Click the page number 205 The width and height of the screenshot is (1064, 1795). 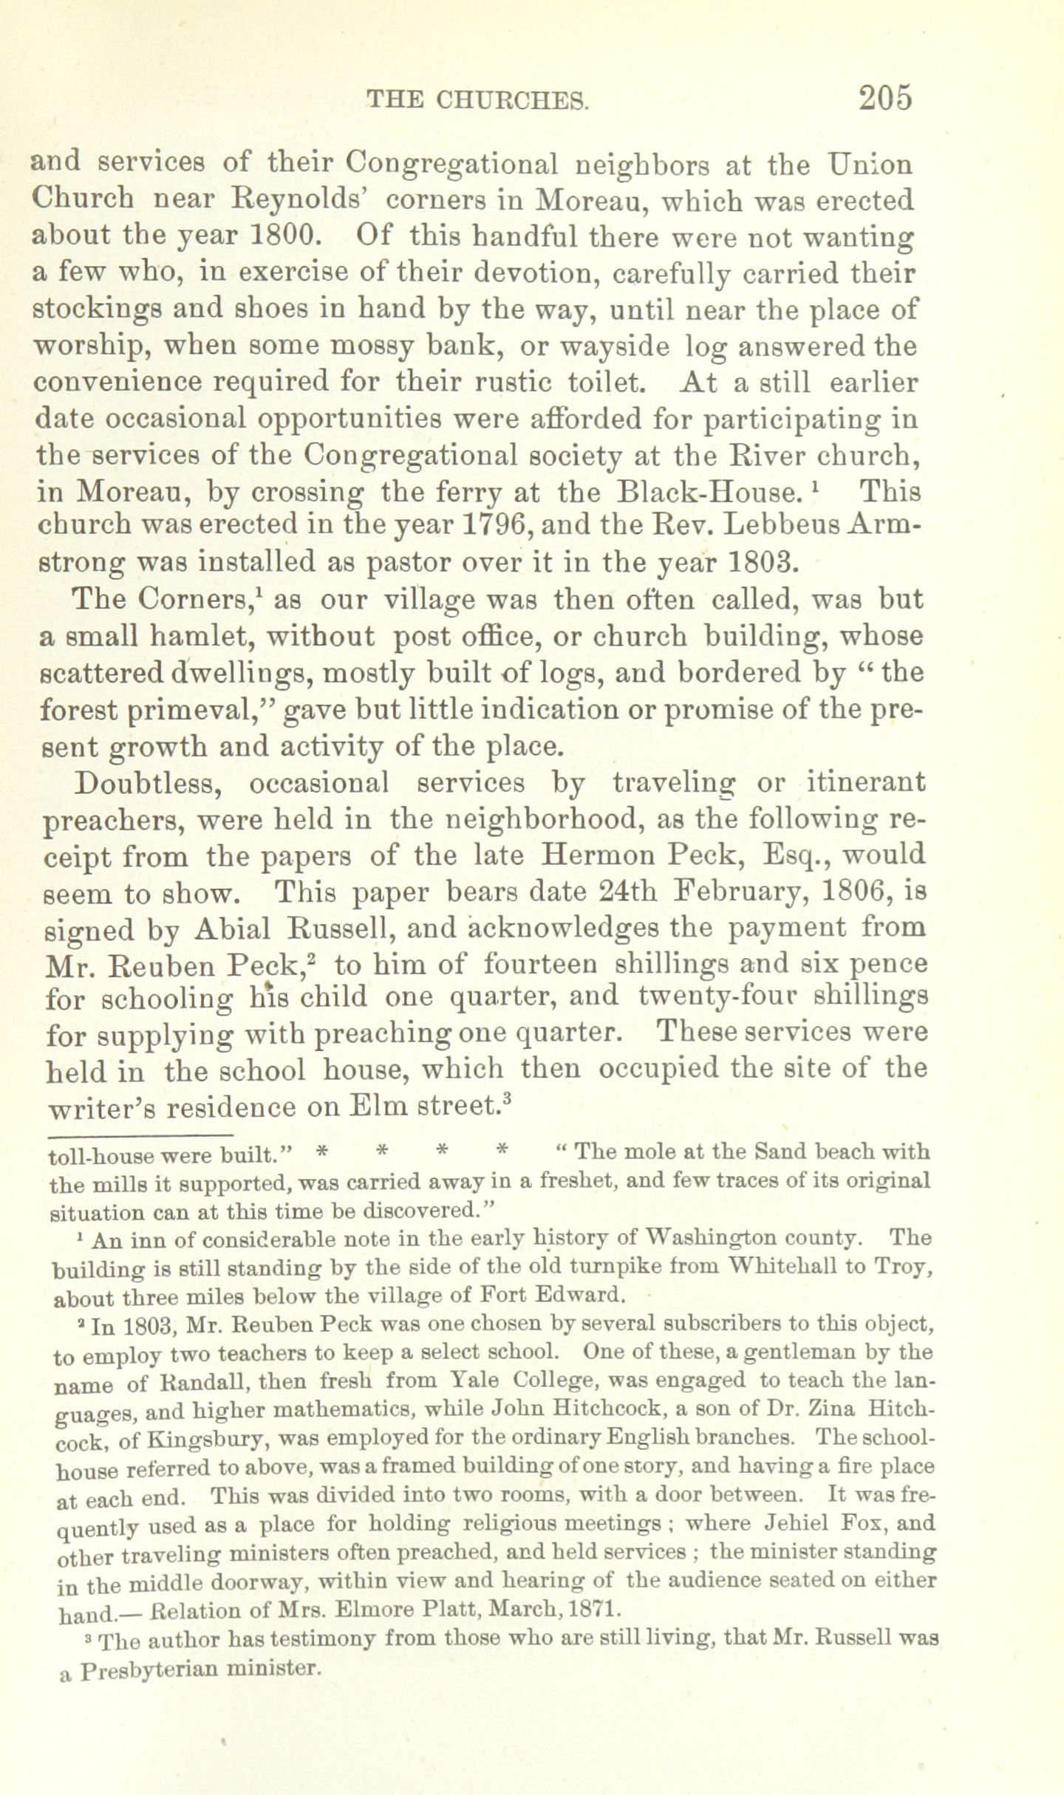pyautogui.click(x=886, y=98)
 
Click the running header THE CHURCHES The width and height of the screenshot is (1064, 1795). pyautogui.click(x=478, y=100)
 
